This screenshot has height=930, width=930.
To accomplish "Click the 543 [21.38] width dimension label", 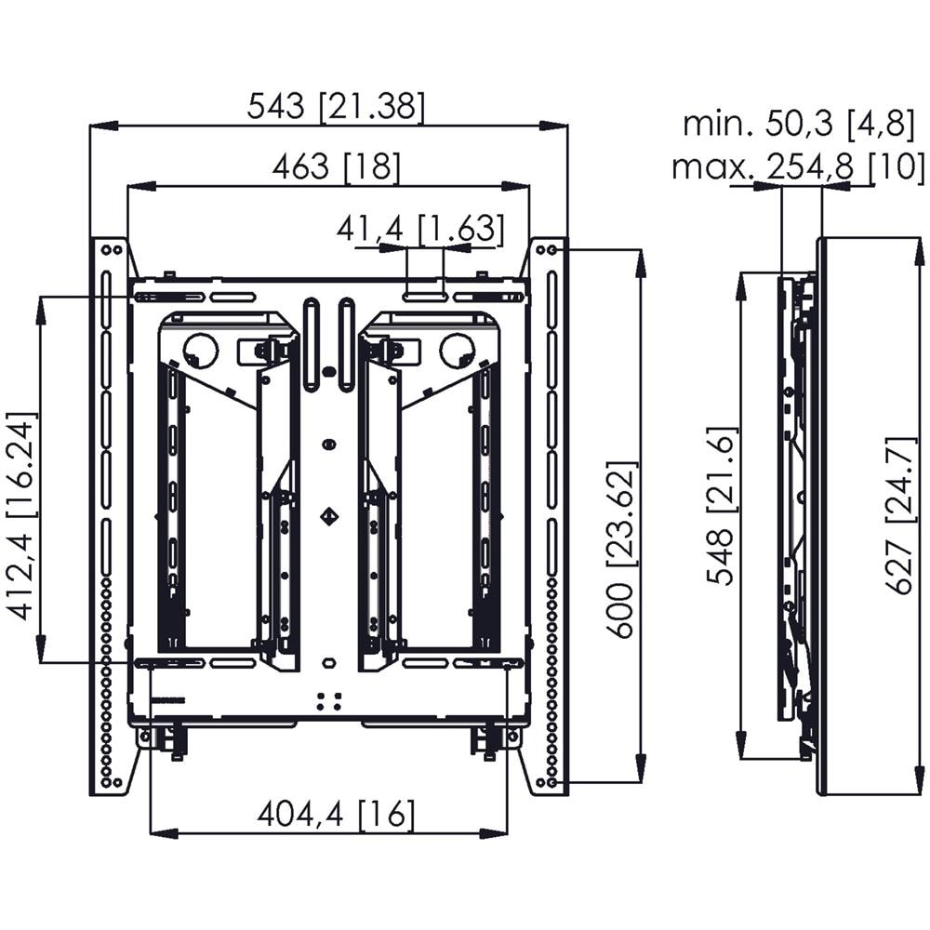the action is click(x=336, y=107).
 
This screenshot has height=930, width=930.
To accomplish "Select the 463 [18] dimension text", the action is click(x=337, y=166).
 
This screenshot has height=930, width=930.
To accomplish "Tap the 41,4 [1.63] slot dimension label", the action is click(x=420, y=228).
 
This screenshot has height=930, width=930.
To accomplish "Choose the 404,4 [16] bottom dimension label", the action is click(x=336, y=815).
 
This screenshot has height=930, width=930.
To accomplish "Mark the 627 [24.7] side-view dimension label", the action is click(x=901, y=515).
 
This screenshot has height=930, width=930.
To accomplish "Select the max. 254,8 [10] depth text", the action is click(x=798, y=166).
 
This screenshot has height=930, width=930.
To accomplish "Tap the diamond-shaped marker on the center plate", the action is click(x=330, y=516).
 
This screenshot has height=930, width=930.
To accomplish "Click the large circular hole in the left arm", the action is click(x=200, y=350).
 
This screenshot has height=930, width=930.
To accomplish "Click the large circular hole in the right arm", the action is click(x=458, y=350).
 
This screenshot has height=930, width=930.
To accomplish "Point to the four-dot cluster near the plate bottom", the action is click(x=328, y=701).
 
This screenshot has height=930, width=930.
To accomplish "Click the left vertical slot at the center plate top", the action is click(x=311, y=345).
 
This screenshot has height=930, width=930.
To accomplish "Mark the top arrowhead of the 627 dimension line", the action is click(x=920, y=253).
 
